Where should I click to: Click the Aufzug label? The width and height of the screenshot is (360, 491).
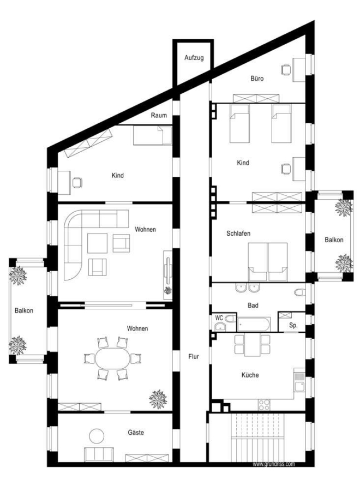coord(194,58)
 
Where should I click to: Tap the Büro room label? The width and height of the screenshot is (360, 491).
coord(257,78)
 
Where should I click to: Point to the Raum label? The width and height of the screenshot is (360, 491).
coord(159,115)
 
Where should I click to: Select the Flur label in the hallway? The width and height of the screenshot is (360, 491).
coord(194,356)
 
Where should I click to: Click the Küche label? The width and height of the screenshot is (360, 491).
coord(250,375)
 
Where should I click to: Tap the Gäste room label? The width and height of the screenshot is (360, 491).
coord(136,433)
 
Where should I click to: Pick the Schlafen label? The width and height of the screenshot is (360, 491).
coord(238,233)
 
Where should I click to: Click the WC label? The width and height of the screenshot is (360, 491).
coord(219,318)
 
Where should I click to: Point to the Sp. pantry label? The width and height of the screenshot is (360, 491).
coord(293,325)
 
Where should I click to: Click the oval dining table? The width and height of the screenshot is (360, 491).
coord(112,358)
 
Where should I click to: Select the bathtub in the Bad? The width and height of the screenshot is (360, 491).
coord(254,324)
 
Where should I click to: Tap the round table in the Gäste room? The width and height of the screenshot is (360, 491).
coord(97,435)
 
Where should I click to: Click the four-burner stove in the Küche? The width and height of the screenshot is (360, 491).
coord(264,404)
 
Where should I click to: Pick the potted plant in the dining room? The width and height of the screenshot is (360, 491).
coord(158,399)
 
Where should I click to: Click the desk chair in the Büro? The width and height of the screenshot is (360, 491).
coord(285,69)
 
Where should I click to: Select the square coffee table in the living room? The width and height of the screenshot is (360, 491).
coord(97,243)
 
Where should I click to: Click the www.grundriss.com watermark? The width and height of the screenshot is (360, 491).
coord(274,464)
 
